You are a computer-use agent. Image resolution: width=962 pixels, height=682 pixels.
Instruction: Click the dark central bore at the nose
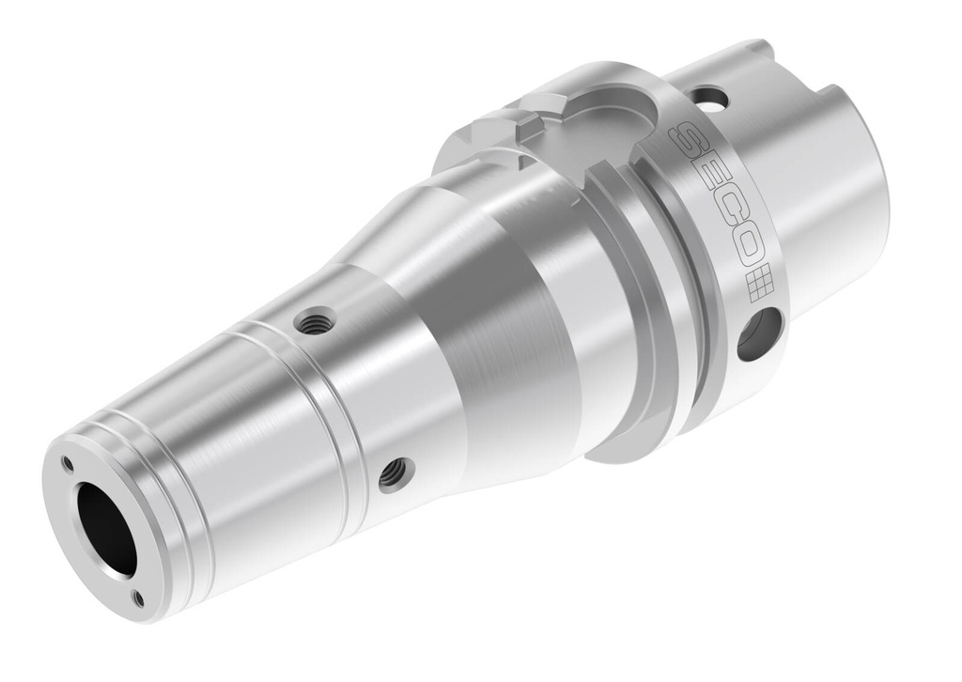[x=104, y=529]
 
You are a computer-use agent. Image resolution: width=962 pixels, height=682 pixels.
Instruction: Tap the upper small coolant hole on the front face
[x=67, y=462]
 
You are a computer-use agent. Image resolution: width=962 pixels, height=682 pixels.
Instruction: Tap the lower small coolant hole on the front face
[x=138, y=597]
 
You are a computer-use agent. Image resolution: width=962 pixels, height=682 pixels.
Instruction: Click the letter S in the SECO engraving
[x=692, y=143]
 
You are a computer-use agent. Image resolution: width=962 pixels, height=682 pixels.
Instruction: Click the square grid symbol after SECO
[x=758, y=283]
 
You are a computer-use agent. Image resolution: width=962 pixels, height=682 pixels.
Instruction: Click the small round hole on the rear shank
[x=711, y=98]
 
